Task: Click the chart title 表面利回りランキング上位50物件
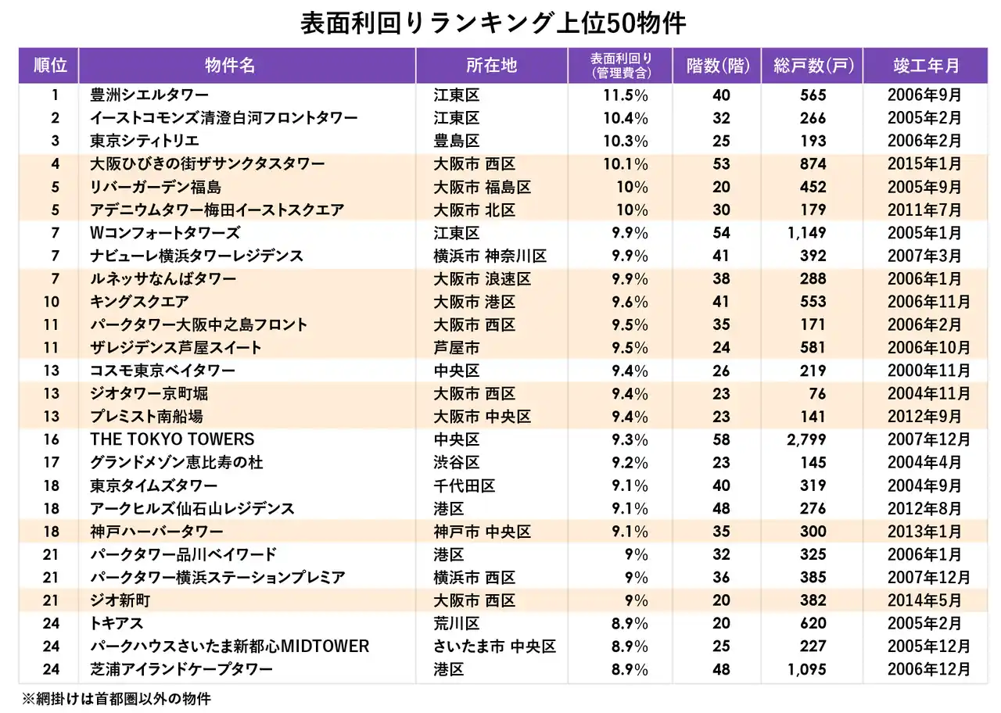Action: coord(493,23)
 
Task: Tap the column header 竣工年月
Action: coord(926,66)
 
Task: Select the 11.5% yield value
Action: coord(626,95)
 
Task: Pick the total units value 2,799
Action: coord(805,439)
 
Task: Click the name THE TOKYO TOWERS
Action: coord(172,439)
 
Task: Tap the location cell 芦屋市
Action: coord(457,348)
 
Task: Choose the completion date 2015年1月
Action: coord(924,164)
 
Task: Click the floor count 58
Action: coord(721,439)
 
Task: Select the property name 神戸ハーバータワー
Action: coord(156,532)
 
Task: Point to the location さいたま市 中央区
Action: coord(494,647)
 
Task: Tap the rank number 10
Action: coord(52,302)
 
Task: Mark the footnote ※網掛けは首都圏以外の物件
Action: coord(116,699)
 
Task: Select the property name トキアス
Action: coord(117,624)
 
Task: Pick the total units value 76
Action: coord(815,394)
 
